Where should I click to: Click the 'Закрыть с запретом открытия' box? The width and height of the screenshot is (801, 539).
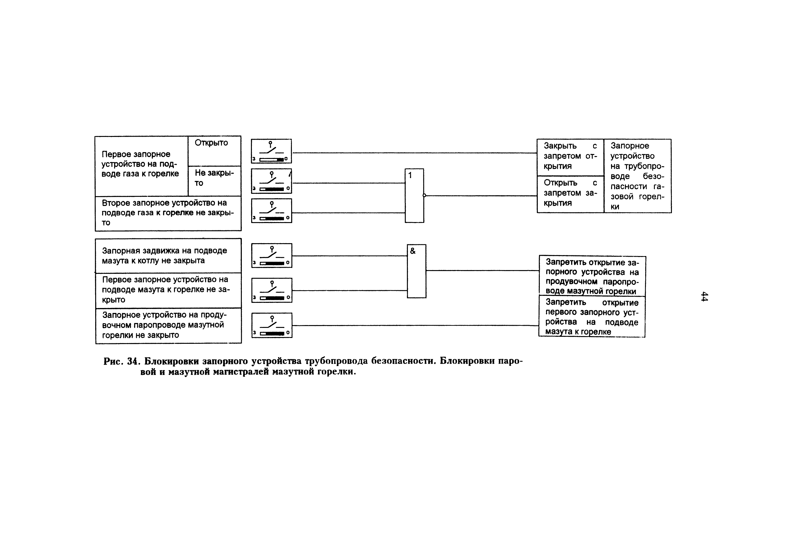570,157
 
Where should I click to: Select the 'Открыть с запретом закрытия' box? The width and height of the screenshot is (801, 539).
570,194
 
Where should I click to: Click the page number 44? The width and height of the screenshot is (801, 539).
704,296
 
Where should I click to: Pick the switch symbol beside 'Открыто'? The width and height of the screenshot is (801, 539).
271,151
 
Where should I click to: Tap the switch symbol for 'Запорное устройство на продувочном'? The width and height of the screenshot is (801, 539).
272,325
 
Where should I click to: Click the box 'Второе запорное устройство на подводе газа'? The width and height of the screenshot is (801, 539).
168,213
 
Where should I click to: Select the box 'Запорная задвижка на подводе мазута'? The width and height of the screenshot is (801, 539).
168,256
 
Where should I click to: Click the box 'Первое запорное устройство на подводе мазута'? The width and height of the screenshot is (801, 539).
168,290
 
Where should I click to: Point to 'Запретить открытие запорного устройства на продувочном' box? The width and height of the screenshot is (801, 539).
592,276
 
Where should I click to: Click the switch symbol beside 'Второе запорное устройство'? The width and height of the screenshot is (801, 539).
271,210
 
